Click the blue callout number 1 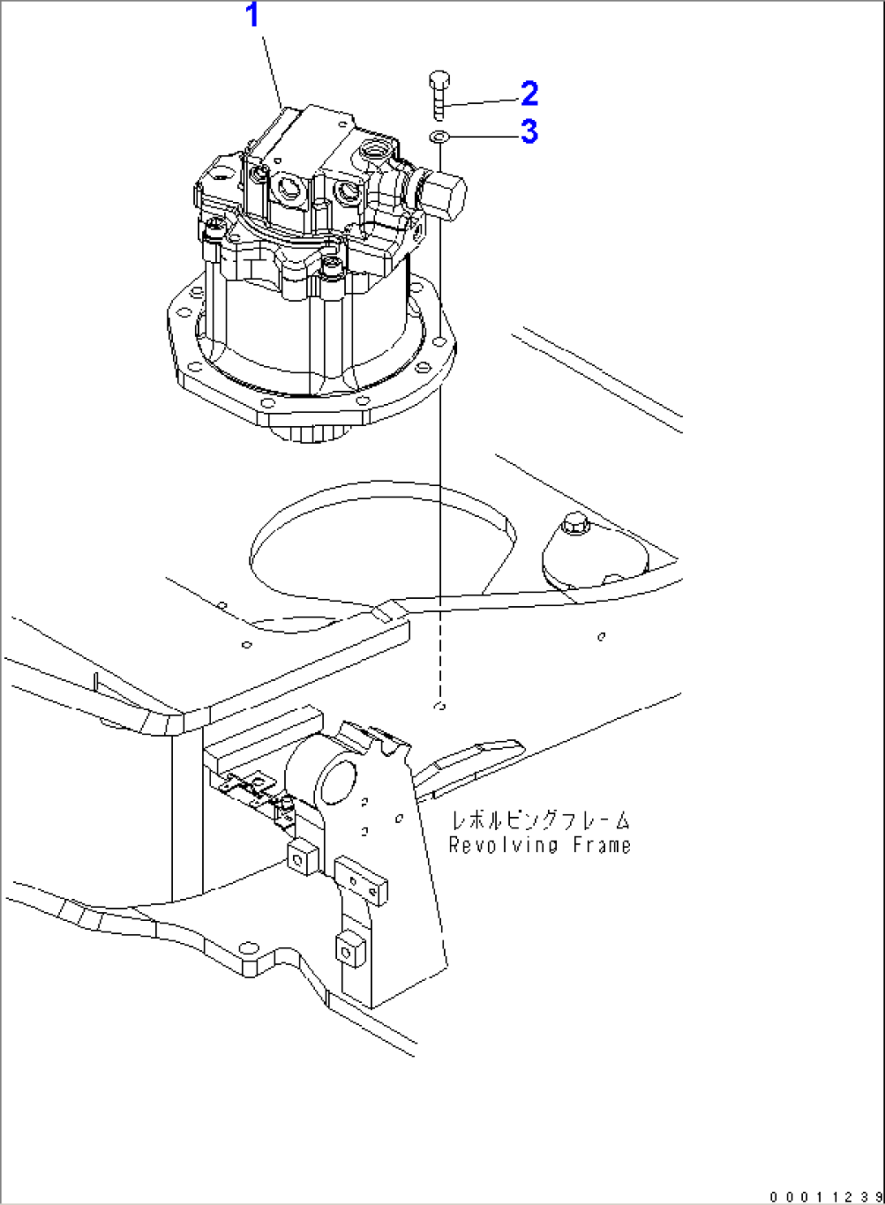click(x=253, y=15)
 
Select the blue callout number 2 click(x=529, y=94)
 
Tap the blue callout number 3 click(x=529, y=131)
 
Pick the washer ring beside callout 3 click(x=438, y=136)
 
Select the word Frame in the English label click(x=602, y=846)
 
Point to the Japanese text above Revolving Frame click(x=540, y=820)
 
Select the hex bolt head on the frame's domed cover click(x=575, y=525)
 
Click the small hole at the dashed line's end click(x=440, y=706)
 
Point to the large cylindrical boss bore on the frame click(x=335, y=782)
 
